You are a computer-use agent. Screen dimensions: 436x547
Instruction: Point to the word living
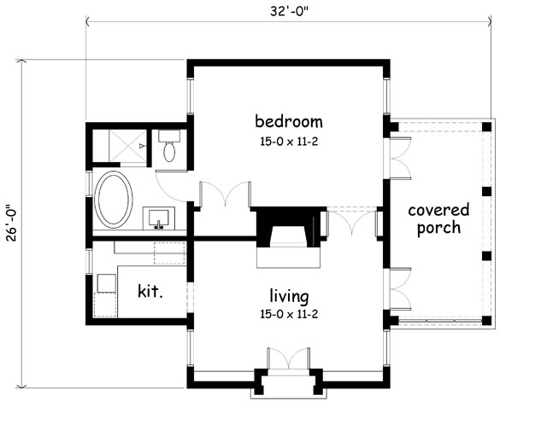[x=288, y=296]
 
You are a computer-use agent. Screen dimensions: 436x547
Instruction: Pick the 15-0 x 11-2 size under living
[x=288, y=313]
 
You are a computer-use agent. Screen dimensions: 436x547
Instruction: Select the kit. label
[x=150, y=290]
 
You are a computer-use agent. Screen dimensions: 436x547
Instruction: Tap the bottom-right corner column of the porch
[x=486, y=321]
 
